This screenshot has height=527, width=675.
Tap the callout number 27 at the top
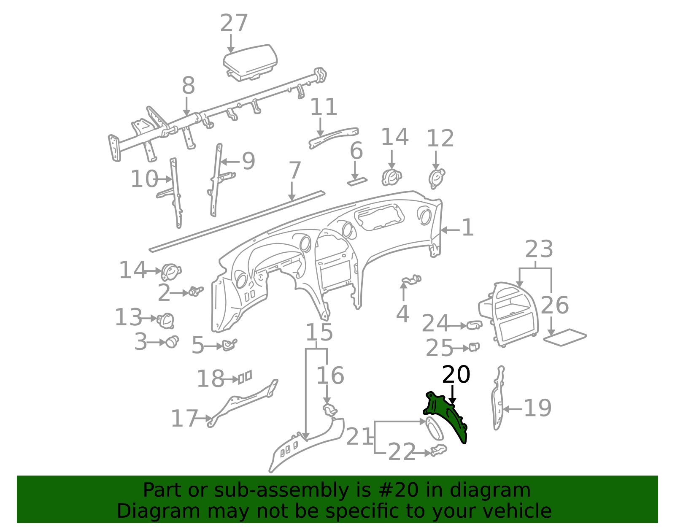coord(234,23)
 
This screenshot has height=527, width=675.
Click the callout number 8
coord(189,85)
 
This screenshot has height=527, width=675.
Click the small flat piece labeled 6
coord(357,182)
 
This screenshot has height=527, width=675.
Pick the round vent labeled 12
coord(437,178)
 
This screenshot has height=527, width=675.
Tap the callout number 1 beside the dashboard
coord(467,227)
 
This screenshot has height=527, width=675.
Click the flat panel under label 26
coord(565,337)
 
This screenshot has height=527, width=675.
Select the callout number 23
coord(539,249)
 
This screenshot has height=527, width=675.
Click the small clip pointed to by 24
coord(474,325)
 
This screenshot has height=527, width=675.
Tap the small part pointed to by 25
coord(474,347)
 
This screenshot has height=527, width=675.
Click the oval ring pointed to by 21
coord(434,429)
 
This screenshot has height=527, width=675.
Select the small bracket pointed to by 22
coord(438,450)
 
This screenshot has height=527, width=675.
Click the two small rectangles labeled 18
coord(245,377)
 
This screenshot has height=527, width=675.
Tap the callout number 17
coord(184,418)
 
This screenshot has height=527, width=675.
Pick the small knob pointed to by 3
coord(172,342)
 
